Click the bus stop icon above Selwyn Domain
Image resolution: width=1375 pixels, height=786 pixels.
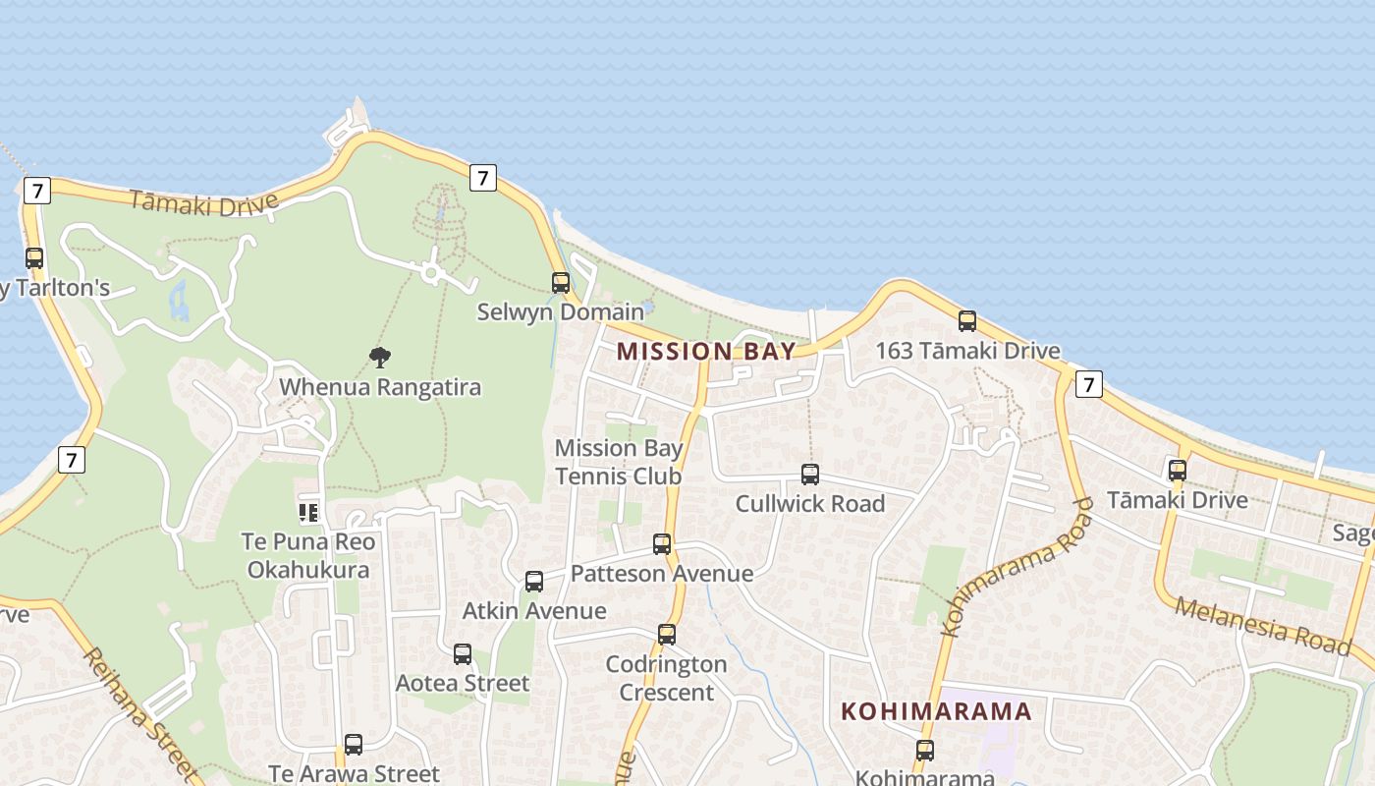(x=560, y=283)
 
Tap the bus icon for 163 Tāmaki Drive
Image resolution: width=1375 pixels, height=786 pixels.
(x=967, y=321)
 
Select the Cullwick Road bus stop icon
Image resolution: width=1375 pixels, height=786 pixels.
(x=810, y=475)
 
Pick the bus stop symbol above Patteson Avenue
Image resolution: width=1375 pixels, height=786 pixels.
(x=662, y=544)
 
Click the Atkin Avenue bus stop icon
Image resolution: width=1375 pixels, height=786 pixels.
(x=534, y=582)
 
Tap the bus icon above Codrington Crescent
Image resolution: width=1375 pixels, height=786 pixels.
(x=667, y=635)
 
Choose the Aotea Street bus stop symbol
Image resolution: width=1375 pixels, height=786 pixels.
(x=463, y=654)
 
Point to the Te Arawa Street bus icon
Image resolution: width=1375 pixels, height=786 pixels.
(x=354, y=745)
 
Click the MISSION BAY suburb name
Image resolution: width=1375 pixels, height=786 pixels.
(x=706, y=352)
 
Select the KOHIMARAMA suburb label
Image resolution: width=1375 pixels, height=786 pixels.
(x=936, y=711)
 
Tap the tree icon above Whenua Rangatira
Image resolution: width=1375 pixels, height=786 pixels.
(x=380, y=357)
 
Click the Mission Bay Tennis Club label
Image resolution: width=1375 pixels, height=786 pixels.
(x=619, y=462)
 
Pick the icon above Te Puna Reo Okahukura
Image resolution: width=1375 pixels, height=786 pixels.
(x=308, y=512)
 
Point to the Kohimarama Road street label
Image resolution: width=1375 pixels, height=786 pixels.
(x=1017, y=568)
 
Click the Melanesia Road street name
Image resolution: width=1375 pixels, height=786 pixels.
(x=1262, y=623)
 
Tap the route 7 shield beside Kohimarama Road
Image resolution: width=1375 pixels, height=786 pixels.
(x=1088, y=384)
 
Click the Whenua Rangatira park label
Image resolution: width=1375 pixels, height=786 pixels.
(x=380, y=387)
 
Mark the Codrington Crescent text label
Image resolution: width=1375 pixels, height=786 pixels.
(x=667, y=678)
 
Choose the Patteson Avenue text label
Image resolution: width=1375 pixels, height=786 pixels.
(x=662, y=574)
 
